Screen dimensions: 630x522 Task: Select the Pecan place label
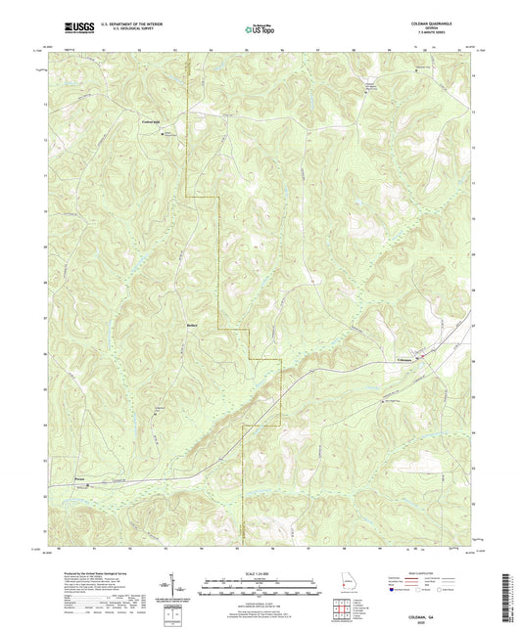click(x=80, y=478)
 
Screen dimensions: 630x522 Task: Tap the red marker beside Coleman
click(x=422, y=358)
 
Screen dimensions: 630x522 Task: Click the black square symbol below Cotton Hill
click(x=162, y=134)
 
